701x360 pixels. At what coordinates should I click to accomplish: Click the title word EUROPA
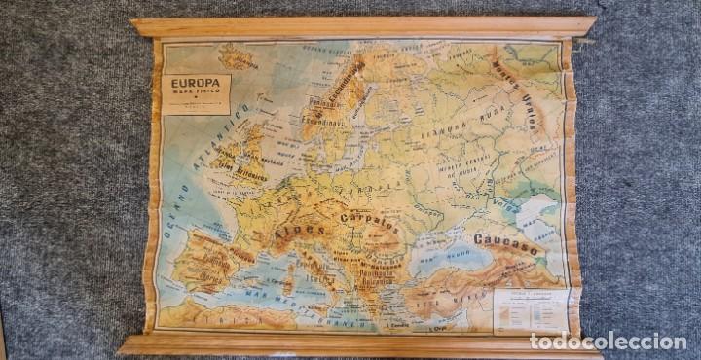[196, 84]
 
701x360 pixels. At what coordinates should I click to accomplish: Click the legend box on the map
[529, 308]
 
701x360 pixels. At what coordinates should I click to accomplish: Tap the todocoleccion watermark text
[608, 342]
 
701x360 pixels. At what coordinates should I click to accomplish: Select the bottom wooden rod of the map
[360, 342]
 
